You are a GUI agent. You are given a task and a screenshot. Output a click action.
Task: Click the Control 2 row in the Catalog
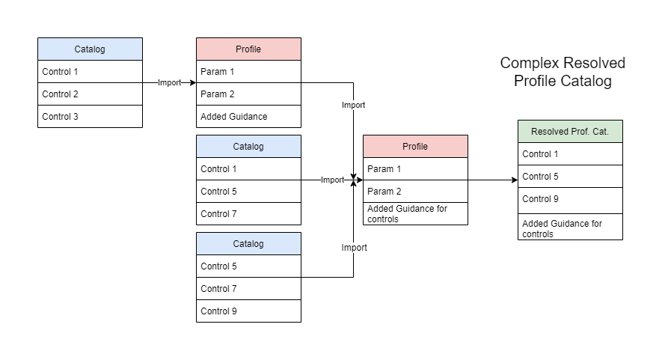click(90, 94)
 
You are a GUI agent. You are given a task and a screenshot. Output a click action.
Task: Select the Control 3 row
click(90, 117)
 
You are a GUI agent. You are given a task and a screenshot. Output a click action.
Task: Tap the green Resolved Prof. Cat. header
click(570, 132)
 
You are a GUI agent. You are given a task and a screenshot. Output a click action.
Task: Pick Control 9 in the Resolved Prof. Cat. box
click(570, 199)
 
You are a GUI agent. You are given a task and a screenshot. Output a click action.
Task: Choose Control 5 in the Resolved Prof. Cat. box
click(570, 177)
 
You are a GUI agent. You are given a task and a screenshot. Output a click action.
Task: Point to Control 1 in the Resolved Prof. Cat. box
click(570, 154)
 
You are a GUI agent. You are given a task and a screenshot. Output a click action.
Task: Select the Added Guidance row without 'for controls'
click(248, 117)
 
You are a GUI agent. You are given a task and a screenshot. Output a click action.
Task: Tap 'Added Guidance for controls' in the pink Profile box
click(415, 214)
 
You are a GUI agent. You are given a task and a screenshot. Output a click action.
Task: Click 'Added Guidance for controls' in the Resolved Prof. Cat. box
click(570, 228)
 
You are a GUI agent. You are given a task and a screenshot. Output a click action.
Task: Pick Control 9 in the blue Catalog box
click(248, 311)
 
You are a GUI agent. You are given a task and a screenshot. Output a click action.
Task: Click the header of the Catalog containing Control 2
click(90, 49)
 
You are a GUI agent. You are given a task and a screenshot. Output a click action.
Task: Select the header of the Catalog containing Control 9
click(248, 244)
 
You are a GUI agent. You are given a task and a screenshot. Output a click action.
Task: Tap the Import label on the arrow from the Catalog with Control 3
click(169, 82)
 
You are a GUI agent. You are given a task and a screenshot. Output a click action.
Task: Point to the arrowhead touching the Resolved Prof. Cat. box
click(514, 180)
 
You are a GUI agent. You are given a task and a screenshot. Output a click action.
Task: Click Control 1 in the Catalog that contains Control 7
click(248, 169)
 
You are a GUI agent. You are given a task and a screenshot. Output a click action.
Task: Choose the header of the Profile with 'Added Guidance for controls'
click(415, 147)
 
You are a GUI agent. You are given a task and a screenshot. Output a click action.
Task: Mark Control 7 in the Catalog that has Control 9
click(248, 289)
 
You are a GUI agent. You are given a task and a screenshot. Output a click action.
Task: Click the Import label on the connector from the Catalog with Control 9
click(354, 248)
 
